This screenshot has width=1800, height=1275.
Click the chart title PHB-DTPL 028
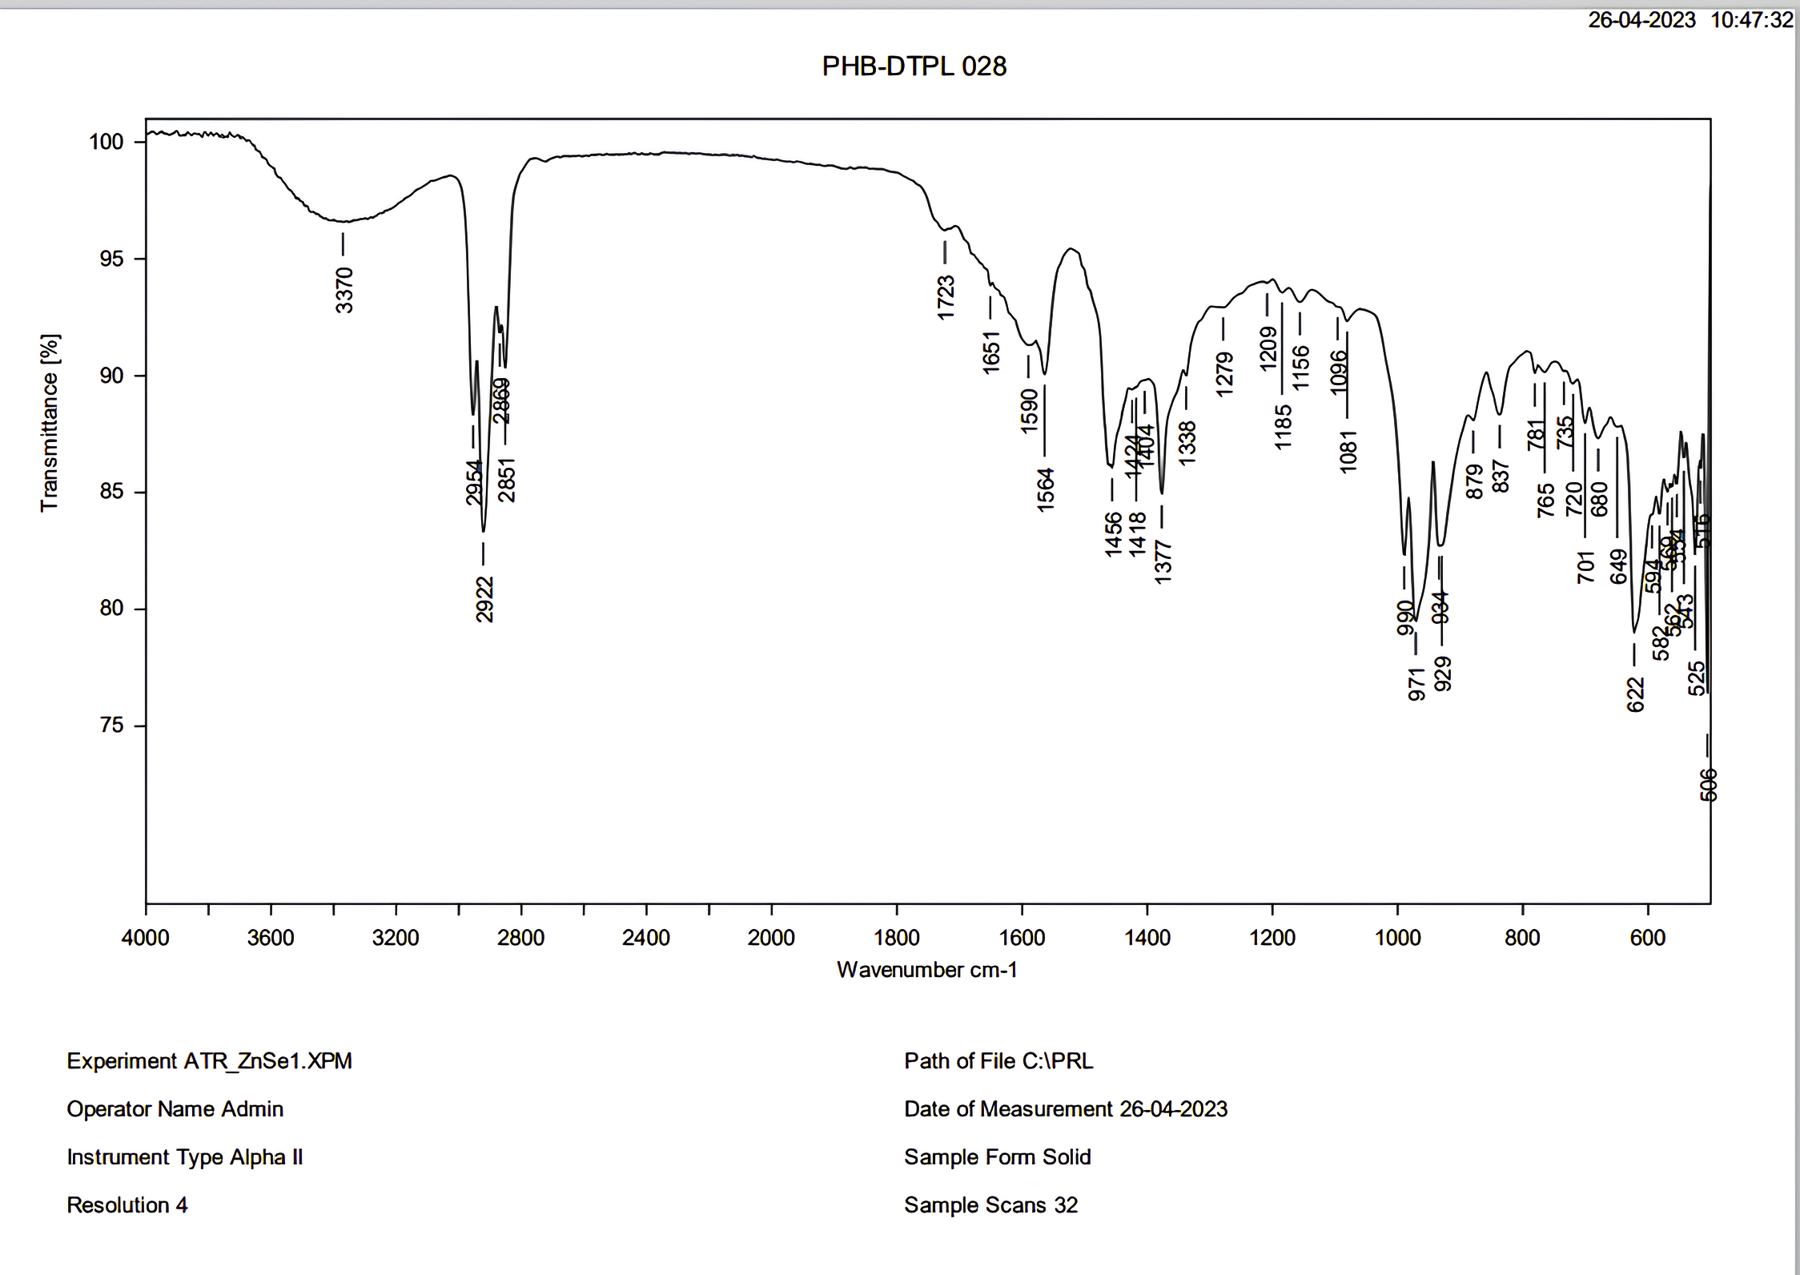tap(914, 66)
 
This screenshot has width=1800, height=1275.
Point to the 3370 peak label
tap(344, 290)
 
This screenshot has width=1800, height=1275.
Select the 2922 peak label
tap(484, 599)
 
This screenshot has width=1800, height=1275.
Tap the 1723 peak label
tap(946, 297)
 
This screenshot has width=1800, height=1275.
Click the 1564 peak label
tap(1046, 489)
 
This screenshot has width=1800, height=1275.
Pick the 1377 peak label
tap(1163, 561)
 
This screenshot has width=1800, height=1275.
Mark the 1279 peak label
tap(1224, 374)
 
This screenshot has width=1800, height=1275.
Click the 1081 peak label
tap(1348, 452)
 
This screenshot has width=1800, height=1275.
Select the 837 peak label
tap(1501, 476)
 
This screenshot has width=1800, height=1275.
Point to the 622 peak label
tap(1635, 694)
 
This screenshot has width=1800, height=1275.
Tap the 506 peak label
tap(1708, 785)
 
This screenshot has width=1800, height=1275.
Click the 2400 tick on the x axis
tap(645, 938)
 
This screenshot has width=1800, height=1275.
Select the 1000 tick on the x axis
tap(1397, 938)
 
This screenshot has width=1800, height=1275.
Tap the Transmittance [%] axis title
tap(50, 423)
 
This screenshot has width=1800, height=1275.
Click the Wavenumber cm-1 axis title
tap(926, 970)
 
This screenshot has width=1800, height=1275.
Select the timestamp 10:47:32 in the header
tap(1751, 20)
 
